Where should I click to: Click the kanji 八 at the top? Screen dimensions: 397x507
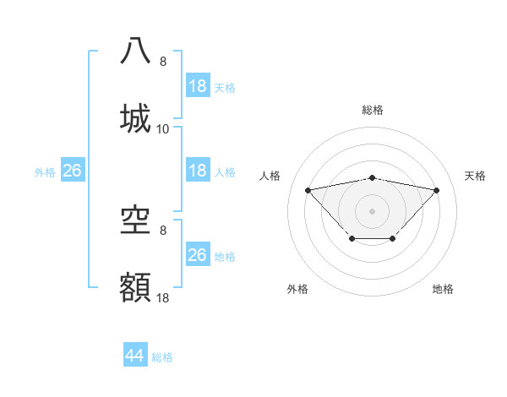click(136, 50)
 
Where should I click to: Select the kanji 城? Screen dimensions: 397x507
click(136, 117)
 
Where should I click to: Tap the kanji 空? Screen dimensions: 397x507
click(136, 220)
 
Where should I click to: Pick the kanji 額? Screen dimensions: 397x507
click(136, 288)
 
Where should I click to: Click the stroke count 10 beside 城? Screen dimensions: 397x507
click(163, 129)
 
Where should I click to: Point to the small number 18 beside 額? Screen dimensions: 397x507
click(163, 299)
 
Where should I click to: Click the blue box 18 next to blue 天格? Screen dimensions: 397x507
click(197, 86)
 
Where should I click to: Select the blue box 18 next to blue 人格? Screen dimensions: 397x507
click(197, 171)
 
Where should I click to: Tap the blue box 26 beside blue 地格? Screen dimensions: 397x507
click(197, 255)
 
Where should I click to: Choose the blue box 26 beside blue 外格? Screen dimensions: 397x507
click(72, 171)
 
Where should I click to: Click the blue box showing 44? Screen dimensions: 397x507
click(134, 356)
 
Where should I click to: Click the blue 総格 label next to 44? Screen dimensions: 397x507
click(162, 357)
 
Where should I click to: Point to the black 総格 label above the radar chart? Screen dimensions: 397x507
click(373, 110)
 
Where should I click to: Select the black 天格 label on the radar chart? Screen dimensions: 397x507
click(475, 176)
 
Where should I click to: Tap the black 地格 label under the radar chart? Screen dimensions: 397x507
click(443, 289)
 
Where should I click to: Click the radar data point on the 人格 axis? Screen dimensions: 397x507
click(308, 189)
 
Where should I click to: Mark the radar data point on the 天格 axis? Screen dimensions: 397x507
click(436, 190)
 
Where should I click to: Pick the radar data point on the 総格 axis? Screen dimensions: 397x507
click(372, 177)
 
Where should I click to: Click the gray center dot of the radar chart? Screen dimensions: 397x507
click(372, 210)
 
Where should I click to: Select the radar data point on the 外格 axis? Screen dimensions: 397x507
click(352, 239)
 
